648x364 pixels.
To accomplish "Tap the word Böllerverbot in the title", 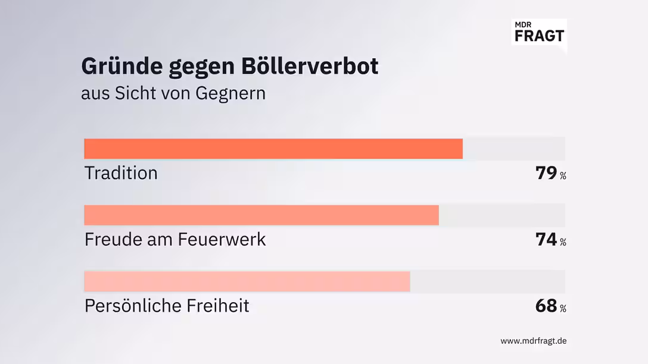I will pyautogui.click(x=310, y=66).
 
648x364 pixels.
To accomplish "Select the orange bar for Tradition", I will pyautogui.click(x=273, y=149).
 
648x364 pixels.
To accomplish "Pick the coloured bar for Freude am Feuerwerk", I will pyautogui.click(x=261, y=215).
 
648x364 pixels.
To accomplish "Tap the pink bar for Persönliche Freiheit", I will pyautogui.click(x=247, y=281).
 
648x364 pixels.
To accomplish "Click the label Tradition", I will pyautogui.click(x=121, y=173).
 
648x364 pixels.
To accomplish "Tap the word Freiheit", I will pyautogui.click(x=220, y=306).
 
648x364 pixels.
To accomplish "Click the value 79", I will pyautogui.click(x=546, y=174).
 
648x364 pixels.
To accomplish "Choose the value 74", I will pyautogui.click(x=546, y=240).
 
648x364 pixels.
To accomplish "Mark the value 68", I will pyautogui.click(x=546, y=306).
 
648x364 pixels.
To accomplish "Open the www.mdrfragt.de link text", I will pyautogui.click(x=533, y=341).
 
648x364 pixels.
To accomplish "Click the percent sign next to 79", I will pyautogui.click(x=563, y=176).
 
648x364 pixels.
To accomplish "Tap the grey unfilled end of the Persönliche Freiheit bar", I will pyautogui.click(x=487, y=281).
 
